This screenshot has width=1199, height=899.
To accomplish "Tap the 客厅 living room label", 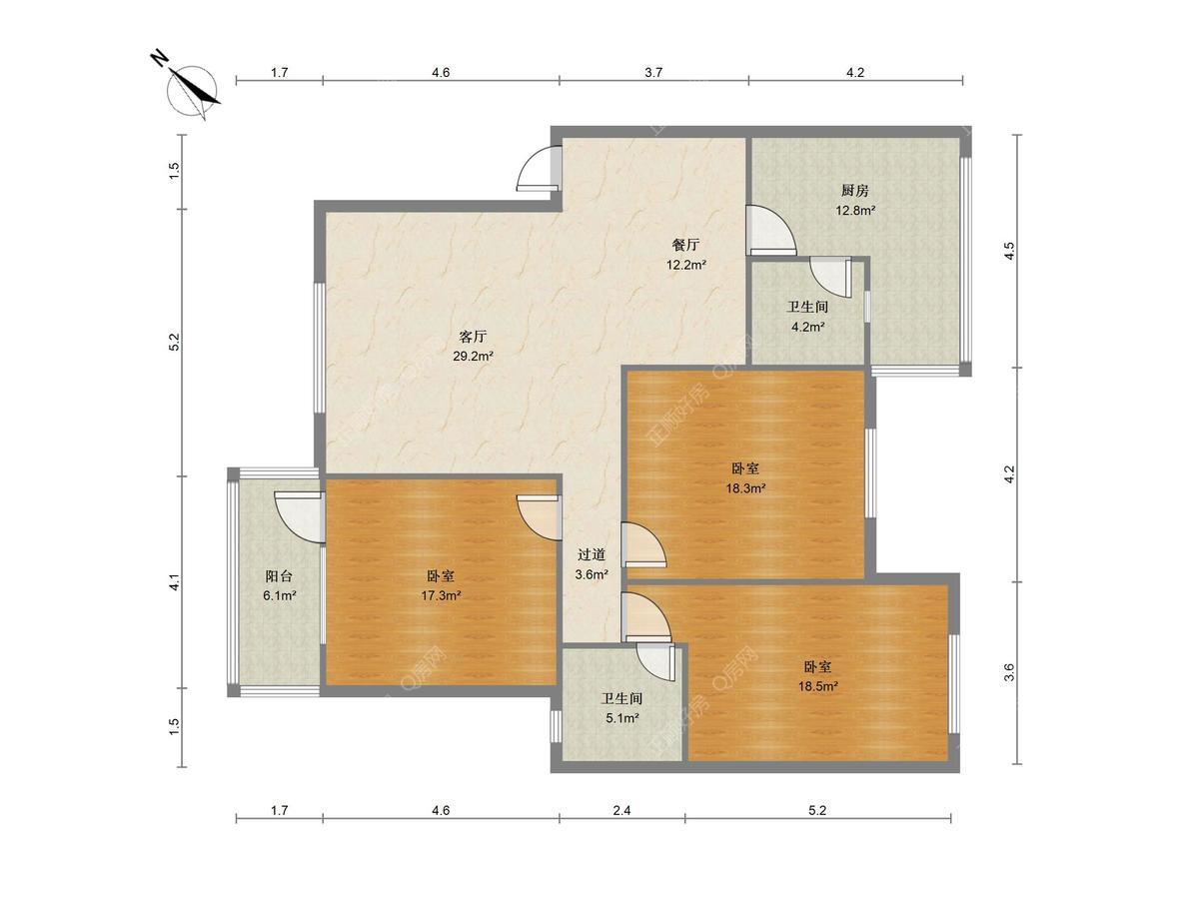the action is (x=473, y=337).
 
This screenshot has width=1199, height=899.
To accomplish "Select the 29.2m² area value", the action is (x=473, y=357).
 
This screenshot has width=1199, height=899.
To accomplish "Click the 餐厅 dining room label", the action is (x=685, y=245).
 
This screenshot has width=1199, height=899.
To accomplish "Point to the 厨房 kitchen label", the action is (x=855, y=190).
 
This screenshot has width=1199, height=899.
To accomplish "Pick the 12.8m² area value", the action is (x=856, y=210).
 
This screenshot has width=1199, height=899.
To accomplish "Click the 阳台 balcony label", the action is (x=279, y=575).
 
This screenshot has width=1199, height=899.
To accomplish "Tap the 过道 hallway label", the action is (x=592, y=554).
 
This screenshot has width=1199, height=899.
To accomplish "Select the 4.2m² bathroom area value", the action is (x=808, y=327).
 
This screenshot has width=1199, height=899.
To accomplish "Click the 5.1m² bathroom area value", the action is (x=622, y=718).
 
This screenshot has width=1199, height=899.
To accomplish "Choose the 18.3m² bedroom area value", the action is (x=745, y=488).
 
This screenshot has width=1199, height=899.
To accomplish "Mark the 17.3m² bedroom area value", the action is (x=441, y=595).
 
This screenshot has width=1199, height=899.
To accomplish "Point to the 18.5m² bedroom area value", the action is (x=817, y=686).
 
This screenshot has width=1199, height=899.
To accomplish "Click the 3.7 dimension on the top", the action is (x=653, y=73).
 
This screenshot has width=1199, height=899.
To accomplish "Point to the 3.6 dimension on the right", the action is (x=1009, y=672).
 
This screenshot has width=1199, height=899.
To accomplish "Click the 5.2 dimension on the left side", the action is (x=174, y=343).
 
